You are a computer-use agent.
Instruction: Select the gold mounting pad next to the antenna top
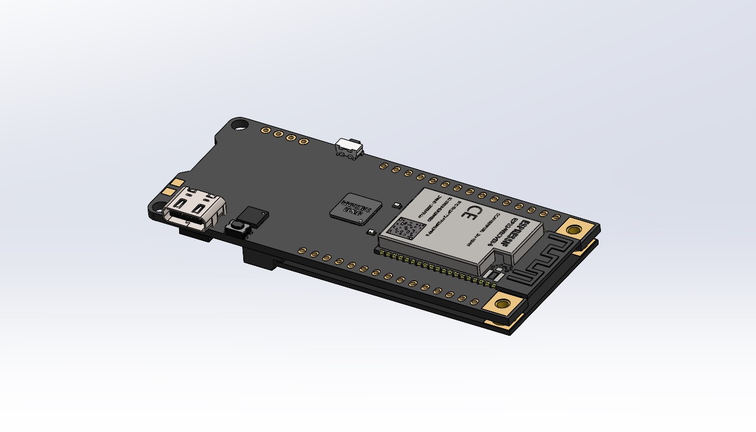coord(573,229)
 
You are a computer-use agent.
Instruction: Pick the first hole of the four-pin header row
coord(266,131)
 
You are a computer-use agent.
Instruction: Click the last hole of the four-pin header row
coord(304,140)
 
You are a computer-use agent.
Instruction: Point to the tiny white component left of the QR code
coord(371,232)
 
